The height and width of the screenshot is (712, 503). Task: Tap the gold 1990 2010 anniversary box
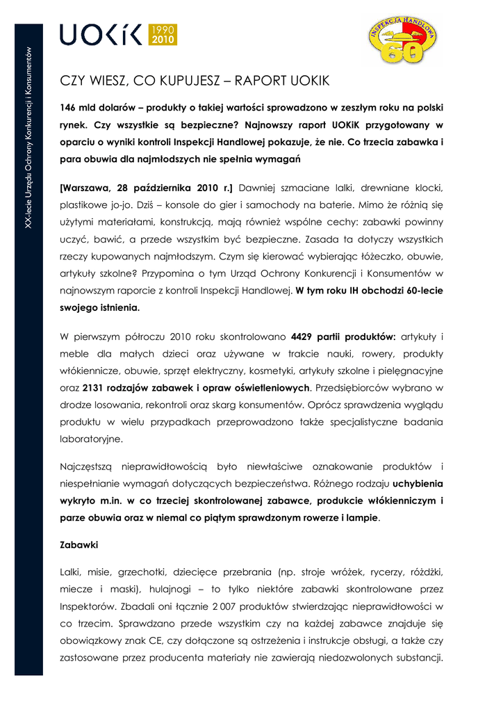coord(163,34)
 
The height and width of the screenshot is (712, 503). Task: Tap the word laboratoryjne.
coord(92,439)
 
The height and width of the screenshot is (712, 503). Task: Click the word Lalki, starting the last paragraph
coord(71,572)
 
